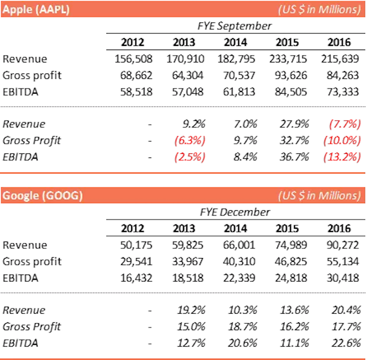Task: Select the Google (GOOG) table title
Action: click(43, 196)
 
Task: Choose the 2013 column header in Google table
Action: click(184, 228)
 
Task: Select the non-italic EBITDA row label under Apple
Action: click(20, 92)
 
